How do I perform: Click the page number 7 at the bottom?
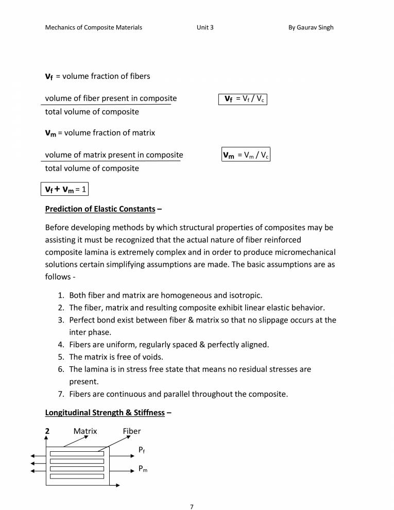[192, 493]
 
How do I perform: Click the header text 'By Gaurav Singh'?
[311, 27]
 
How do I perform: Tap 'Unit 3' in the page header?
[204, 27]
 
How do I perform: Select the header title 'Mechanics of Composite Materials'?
[94, 27]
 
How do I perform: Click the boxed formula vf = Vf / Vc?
[244, 99]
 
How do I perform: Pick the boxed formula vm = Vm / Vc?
[246, 155]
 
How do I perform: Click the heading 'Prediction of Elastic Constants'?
[100, 209]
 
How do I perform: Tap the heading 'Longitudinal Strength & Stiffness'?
[105, 413]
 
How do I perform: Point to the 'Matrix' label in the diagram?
[85, 431]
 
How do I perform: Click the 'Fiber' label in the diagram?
[131, 431]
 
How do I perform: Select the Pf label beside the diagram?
[142, 450]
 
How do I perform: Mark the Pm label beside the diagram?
[143, 469]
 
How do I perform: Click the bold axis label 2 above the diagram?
[47, 431]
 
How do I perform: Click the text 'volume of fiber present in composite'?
[111, 98]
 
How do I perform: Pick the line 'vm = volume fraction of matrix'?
[100, 133]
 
